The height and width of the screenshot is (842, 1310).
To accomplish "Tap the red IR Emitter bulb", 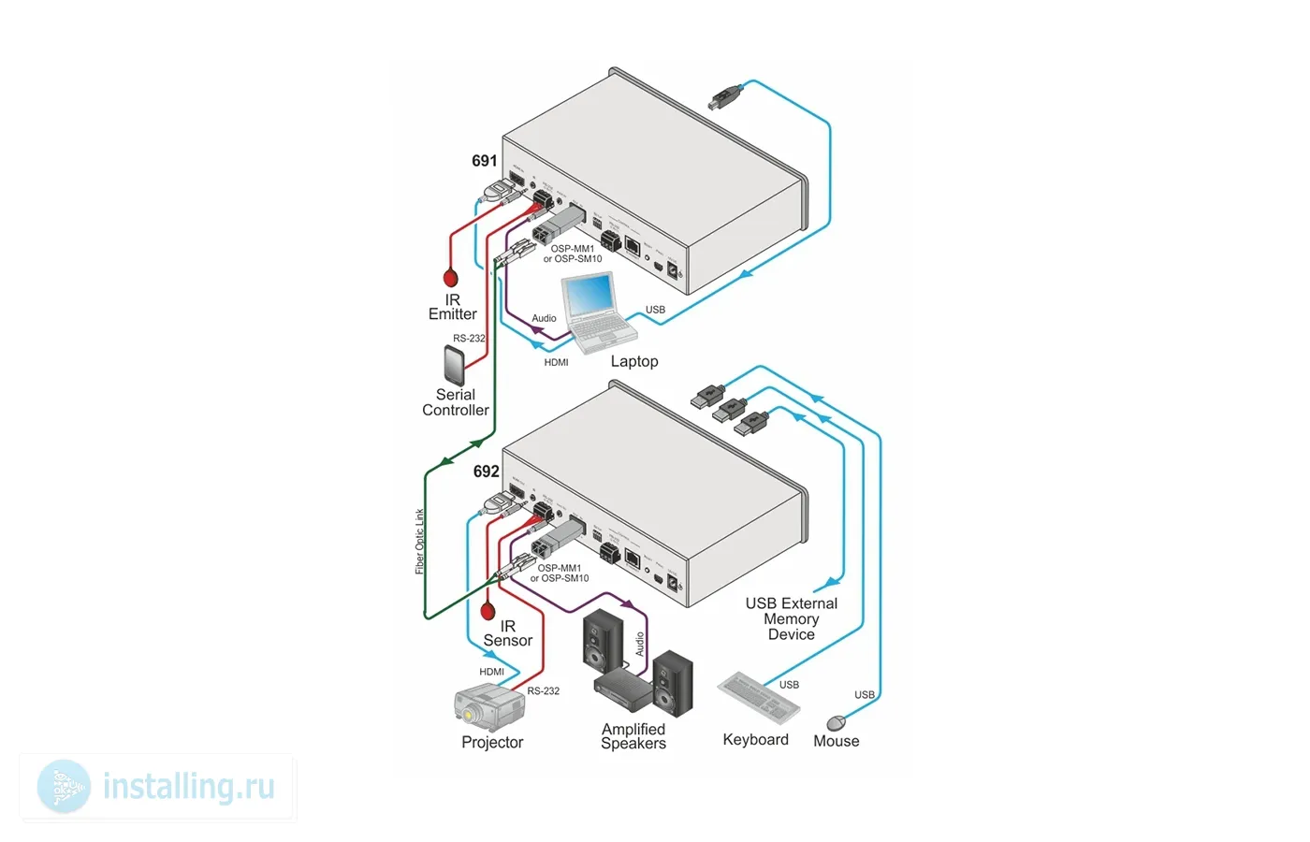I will tap(451, 278).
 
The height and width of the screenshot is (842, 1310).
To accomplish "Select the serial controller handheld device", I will tap(455, 365).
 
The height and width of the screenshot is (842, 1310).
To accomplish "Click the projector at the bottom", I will tap(488, 707).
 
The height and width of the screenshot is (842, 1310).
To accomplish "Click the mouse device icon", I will tap(837, 722).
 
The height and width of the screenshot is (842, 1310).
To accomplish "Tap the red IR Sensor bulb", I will tap(488, 612).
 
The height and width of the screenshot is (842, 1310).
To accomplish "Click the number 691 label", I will tap(485, 161).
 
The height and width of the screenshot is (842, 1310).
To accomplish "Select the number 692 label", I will tap(486, 472).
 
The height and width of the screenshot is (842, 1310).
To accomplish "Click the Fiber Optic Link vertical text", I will tap(420, 541).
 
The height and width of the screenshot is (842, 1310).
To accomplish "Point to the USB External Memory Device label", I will tap(792, 619).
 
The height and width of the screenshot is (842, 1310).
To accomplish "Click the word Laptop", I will tap(634, 361).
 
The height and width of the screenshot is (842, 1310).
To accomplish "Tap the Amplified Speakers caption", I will tap(633, 736).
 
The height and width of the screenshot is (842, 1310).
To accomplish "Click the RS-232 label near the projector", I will tap(544, 691).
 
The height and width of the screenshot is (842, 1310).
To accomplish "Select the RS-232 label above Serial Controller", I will tap(469, 339).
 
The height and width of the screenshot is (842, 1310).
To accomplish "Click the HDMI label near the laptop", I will tap(556, 362).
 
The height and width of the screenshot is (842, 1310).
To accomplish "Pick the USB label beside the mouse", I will tap(865, 695).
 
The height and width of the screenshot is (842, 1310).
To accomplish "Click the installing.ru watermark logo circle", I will tap(64, 787).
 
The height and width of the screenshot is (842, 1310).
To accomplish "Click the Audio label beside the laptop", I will tap(544, 318).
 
